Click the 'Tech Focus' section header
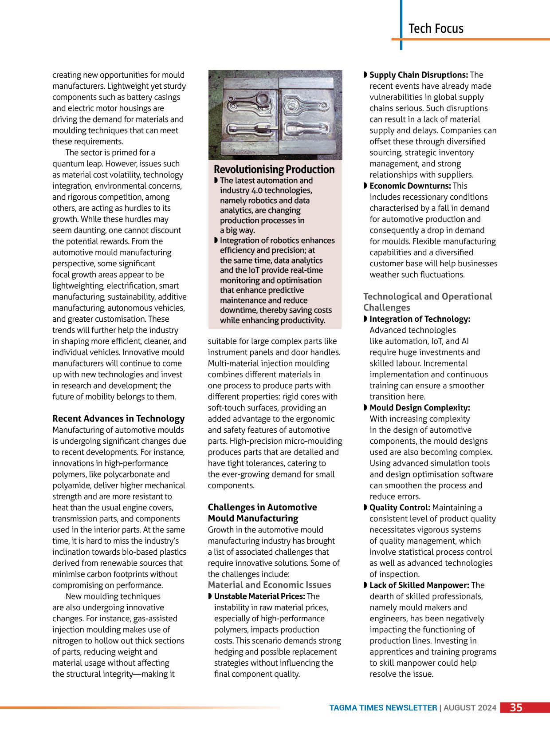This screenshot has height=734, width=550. pyautogui.click(x=436, y=28)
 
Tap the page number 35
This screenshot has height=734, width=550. pyautogui.click(x=516, y=707)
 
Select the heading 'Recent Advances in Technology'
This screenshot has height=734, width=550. pyautogui.click(x=118, y=418)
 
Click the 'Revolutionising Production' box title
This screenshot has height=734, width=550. pyautogui.click(x=274, y=170)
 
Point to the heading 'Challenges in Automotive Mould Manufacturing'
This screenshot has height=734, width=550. pyautogui.click(x=262, y=513)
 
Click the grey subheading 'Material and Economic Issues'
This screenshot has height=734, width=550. pyautogui.click(x=269, y=585)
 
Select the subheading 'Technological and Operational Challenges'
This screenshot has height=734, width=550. pyautogui.click(x=428, y=302)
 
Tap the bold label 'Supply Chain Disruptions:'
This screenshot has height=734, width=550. pyautogui.click(x=419, y=75)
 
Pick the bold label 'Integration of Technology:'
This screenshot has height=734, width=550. pyautogui.click(x=420, y=319)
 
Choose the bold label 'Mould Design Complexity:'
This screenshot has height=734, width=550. pyautogui.click(x=420, y=408)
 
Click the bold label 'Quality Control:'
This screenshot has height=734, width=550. pyautogui.click(x=400, y=508)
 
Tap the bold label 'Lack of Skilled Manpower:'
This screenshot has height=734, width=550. pyautogui.click(x=419, y=585)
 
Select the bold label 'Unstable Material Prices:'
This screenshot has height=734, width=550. pyautogui.click(x=259, y=596)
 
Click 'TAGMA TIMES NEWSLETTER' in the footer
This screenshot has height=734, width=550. pyautogui.click(x=383, y=708)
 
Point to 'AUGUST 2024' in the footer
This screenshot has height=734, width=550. pyautogui.click(x=470, y=708)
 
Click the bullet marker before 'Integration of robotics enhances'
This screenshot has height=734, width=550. pyautogui.click(x=216, y=241)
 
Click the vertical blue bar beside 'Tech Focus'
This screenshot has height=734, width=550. pyautogui.click(x=401, y=24)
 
